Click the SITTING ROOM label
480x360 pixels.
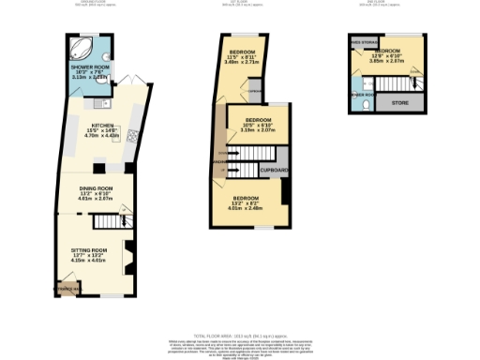(91, 250)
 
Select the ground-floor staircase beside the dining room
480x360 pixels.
(111, 221)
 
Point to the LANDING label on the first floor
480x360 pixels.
(220, 161)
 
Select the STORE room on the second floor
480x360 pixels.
(400, 101)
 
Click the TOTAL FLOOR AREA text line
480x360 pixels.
(240, 335)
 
